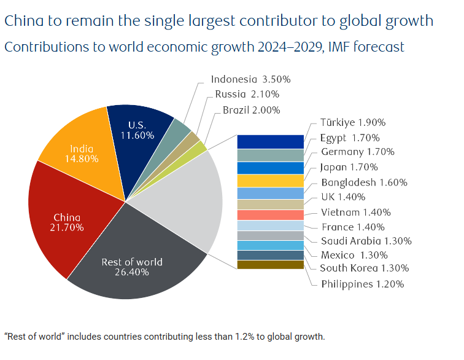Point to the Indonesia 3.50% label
coord(250,79)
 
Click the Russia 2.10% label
coord(247,94)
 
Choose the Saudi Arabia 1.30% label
coord(366,241)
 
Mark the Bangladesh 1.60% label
coord(364,182)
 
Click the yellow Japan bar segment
coord(271,181)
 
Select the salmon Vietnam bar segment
coord(271,215)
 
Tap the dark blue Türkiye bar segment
coord(271,141)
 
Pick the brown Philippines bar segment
coord(271,265)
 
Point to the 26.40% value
coord(132,272)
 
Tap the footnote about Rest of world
coord(164,337)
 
